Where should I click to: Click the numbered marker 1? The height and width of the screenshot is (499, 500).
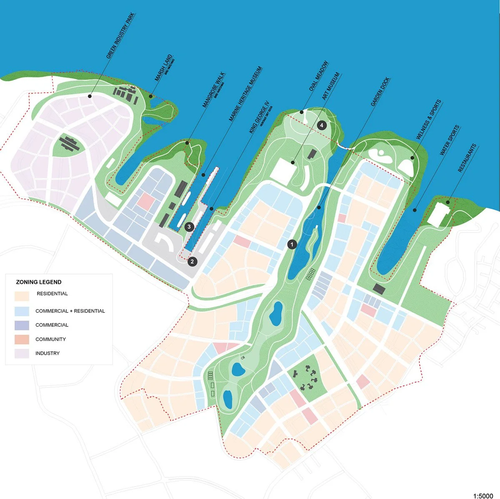click(292, 244)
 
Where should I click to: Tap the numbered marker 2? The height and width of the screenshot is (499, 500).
click(192, 261)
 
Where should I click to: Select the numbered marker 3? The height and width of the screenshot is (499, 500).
click(189, 227)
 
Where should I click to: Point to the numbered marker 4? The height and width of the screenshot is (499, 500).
click(321, 125)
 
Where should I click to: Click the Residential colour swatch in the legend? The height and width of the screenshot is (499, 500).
click(22, 296)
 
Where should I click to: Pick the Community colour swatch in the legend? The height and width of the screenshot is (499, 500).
click(22, 339)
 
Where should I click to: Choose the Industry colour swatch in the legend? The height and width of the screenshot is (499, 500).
click(22, 353)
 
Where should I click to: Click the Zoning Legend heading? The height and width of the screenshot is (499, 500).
click(39, 282)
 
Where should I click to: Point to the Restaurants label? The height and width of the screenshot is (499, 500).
click(467, 158)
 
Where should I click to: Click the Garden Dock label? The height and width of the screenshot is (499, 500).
click(380, 92)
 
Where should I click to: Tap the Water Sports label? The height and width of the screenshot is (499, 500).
click(450, 140)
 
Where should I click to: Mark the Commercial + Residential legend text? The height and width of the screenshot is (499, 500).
click(70, 311)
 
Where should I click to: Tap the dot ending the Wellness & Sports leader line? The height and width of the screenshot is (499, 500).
click(412, 157)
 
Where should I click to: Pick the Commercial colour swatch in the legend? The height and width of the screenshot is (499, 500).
click(22, 325)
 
